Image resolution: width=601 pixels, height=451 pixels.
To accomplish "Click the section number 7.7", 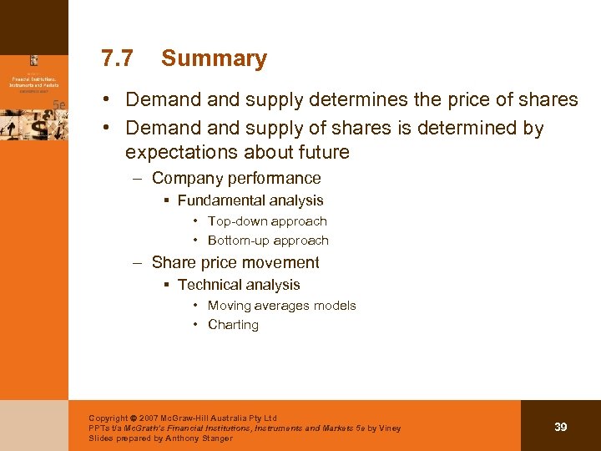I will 116,58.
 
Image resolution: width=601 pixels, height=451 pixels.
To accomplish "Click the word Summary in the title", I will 214,58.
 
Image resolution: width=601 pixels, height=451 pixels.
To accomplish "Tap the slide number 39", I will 561,427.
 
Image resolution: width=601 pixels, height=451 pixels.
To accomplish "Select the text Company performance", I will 236,178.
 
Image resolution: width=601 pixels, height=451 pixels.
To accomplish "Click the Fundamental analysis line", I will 250,200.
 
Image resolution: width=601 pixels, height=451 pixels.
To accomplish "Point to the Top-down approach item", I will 267,221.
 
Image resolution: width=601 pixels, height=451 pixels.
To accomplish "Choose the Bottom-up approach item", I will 268,241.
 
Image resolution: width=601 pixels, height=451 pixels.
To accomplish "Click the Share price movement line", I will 235,262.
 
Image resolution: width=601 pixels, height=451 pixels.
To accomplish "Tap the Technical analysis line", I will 239,285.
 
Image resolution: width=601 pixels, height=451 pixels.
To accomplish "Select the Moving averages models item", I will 281,306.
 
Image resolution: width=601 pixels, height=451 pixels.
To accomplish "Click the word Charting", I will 233,325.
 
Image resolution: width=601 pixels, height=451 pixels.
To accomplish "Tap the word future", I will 321,153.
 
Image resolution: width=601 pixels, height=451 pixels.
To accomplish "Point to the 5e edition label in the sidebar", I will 59,104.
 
